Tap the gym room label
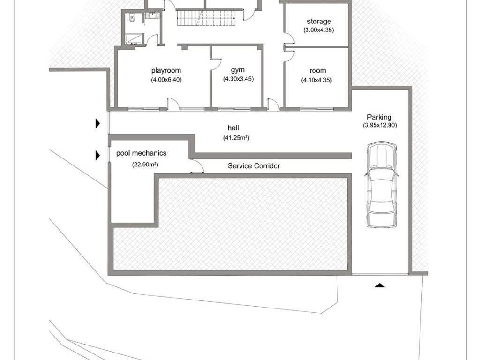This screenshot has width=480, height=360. coord(238,70)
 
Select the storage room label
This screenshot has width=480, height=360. coord(319,22)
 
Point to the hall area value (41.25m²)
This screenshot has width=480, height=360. coord(236,138)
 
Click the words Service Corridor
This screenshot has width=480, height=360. coord(254,166)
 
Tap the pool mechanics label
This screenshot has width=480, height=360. coord(142,153)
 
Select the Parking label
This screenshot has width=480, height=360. coord(379,117)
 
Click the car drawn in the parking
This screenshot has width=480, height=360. coord(382,184)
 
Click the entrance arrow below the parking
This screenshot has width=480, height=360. coord(380,285)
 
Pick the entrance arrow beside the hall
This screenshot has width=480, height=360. coord(97,123)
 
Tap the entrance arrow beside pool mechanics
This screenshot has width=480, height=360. coord(97,155)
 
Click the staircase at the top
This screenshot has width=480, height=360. coord(207,18)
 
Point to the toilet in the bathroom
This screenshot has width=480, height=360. coord(132,19)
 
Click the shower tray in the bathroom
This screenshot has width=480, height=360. coord(134,39)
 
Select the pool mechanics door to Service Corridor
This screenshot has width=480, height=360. coord(197,166)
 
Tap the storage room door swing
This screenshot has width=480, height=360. coord(290,38)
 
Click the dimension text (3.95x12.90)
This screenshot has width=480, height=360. coord(380,125)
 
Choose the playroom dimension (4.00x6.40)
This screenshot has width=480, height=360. coord(166,80)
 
